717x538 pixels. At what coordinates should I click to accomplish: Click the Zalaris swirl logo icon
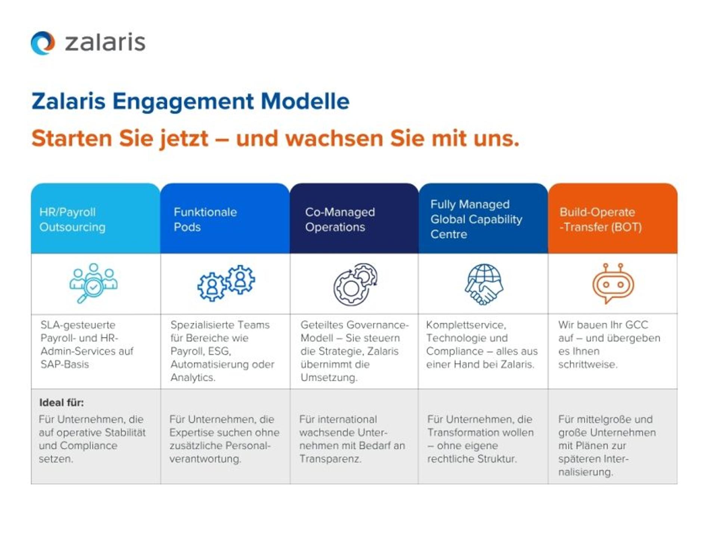pyautogui.click(x=43, y=43)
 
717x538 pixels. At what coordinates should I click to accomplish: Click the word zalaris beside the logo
pyautogui.click(x=105, y=43)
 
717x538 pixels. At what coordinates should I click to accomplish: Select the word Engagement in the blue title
pyautogui.click(x=183, y=101)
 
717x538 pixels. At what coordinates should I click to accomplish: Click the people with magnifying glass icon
pyautogui.click(x=93, y=283)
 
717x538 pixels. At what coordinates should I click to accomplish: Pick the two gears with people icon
pyautogui.click(x=226, y=283)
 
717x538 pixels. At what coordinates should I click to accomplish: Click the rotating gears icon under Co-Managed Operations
pyautogui.click(x=355, y=284)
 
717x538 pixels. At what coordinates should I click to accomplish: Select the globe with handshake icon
pyautogui.click(x=484, y=284)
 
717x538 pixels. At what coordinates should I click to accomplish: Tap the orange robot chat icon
pyautogui.click(x=613, y=283)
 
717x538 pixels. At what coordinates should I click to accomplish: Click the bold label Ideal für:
pyautogui.click(x=62, y=402)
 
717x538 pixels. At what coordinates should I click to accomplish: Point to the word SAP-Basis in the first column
pyautogui.click(x=65, y=364)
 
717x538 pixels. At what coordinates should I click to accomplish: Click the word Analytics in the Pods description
pyautogui.click(x=193, y=377)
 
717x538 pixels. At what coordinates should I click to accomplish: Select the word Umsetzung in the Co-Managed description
pyautogui.click(x=329, y=377)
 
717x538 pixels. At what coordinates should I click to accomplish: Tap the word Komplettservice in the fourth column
pyautogui.click(x=466, y=325)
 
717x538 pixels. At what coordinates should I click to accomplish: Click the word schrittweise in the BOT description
pyautogui.click(x=587, y=364)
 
